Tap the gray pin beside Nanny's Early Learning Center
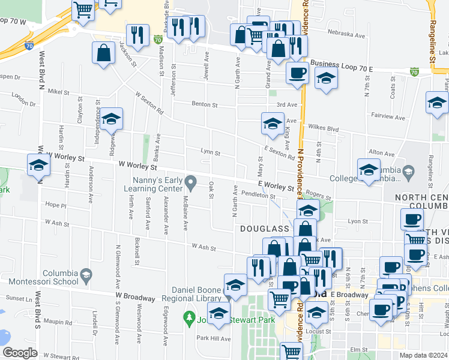[x=191, y=181]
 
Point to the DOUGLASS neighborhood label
[x=265, y=229]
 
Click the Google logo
[x=20, y=352]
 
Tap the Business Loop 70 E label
[x=341, y=70]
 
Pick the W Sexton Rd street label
[x=150, y=103]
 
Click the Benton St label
[x=204, y=104]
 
